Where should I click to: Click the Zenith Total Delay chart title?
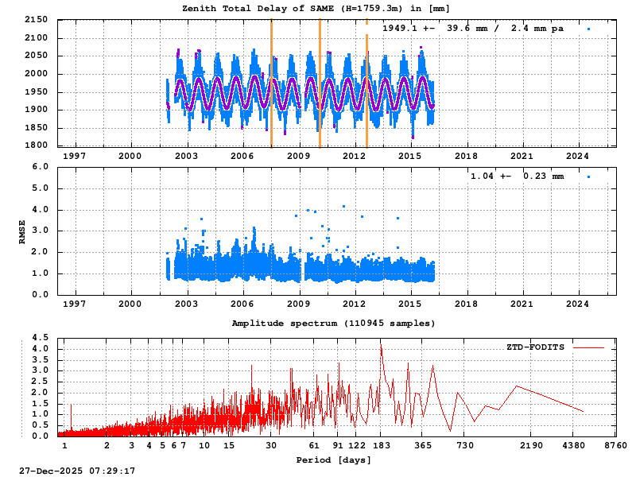[316, 8]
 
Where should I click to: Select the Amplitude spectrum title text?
[333, 324]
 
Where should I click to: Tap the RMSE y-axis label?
[22, 231]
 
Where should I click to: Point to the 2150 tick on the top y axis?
[36, 20]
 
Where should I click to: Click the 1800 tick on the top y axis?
[36, 145]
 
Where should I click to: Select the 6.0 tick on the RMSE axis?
[41, 167]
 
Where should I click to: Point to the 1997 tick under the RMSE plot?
[75, 303]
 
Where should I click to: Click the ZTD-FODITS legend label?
[536, 347]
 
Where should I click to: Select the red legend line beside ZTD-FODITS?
[588, 347]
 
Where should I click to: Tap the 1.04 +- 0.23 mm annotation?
[517, 176]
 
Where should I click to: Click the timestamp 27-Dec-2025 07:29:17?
[77, 471]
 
